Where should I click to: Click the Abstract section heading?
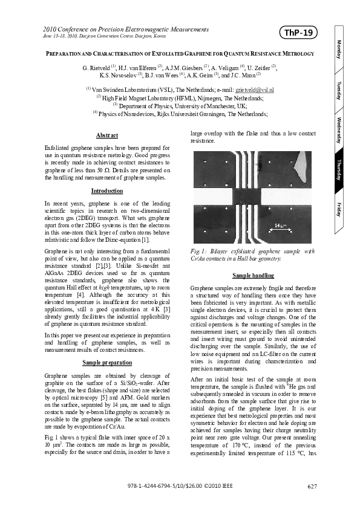(107, 135)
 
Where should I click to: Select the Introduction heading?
(107, 191)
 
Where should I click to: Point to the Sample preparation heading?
(107, 362)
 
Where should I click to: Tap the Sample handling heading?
(249, 276)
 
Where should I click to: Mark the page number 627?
(312, 487)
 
